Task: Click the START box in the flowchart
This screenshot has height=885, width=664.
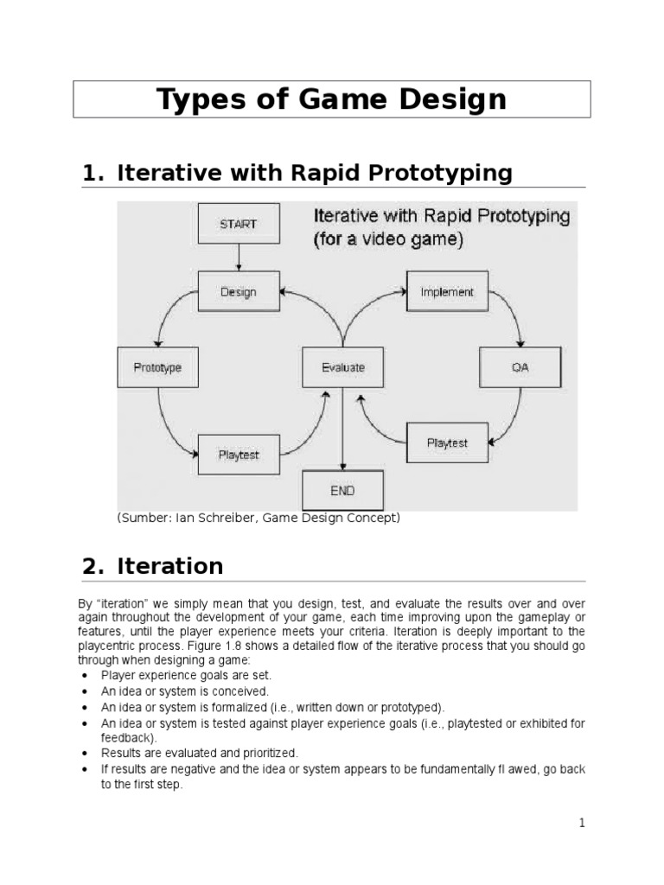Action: coord(238,224)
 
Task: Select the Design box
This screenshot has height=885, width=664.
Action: coord(238,292)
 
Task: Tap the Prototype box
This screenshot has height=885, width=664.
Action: coord(157,367)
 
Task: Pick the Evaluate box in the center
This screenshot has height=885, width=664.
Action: coord(343,367)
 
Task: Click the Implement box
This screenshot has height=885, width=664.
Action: coord(447,292)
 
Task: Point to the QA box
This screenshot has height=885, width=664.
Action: coord(520,367)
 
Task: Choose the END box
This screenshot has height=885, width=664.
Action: coord(342,490)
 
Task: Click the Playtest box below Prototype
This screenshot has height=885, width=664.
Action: coord(238,455)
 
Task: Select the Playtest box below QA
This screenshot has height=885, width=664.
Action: coord(447,442)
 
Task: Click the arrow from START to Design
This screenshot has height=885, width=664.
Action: coord(238,258)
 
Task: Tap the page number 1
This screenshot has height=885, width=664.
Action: coord(583,823)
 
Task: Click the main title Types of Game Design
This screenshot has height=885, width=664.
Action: coord(332,99)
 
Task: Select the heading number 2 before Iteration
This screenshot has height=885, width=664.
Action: coord(89,567)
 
